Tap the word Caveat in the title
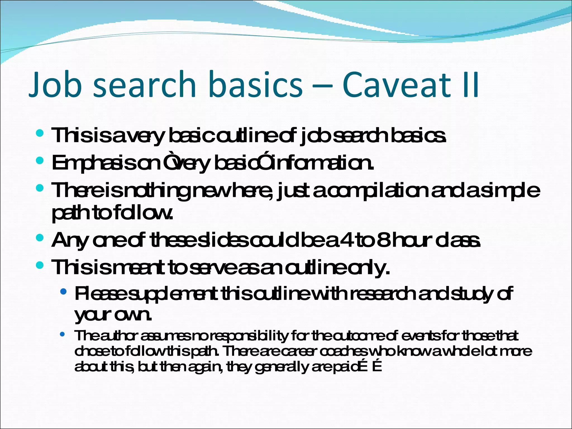click(x=396, y=84)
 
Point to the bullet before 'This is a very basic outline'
click(x=40, y=133)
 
